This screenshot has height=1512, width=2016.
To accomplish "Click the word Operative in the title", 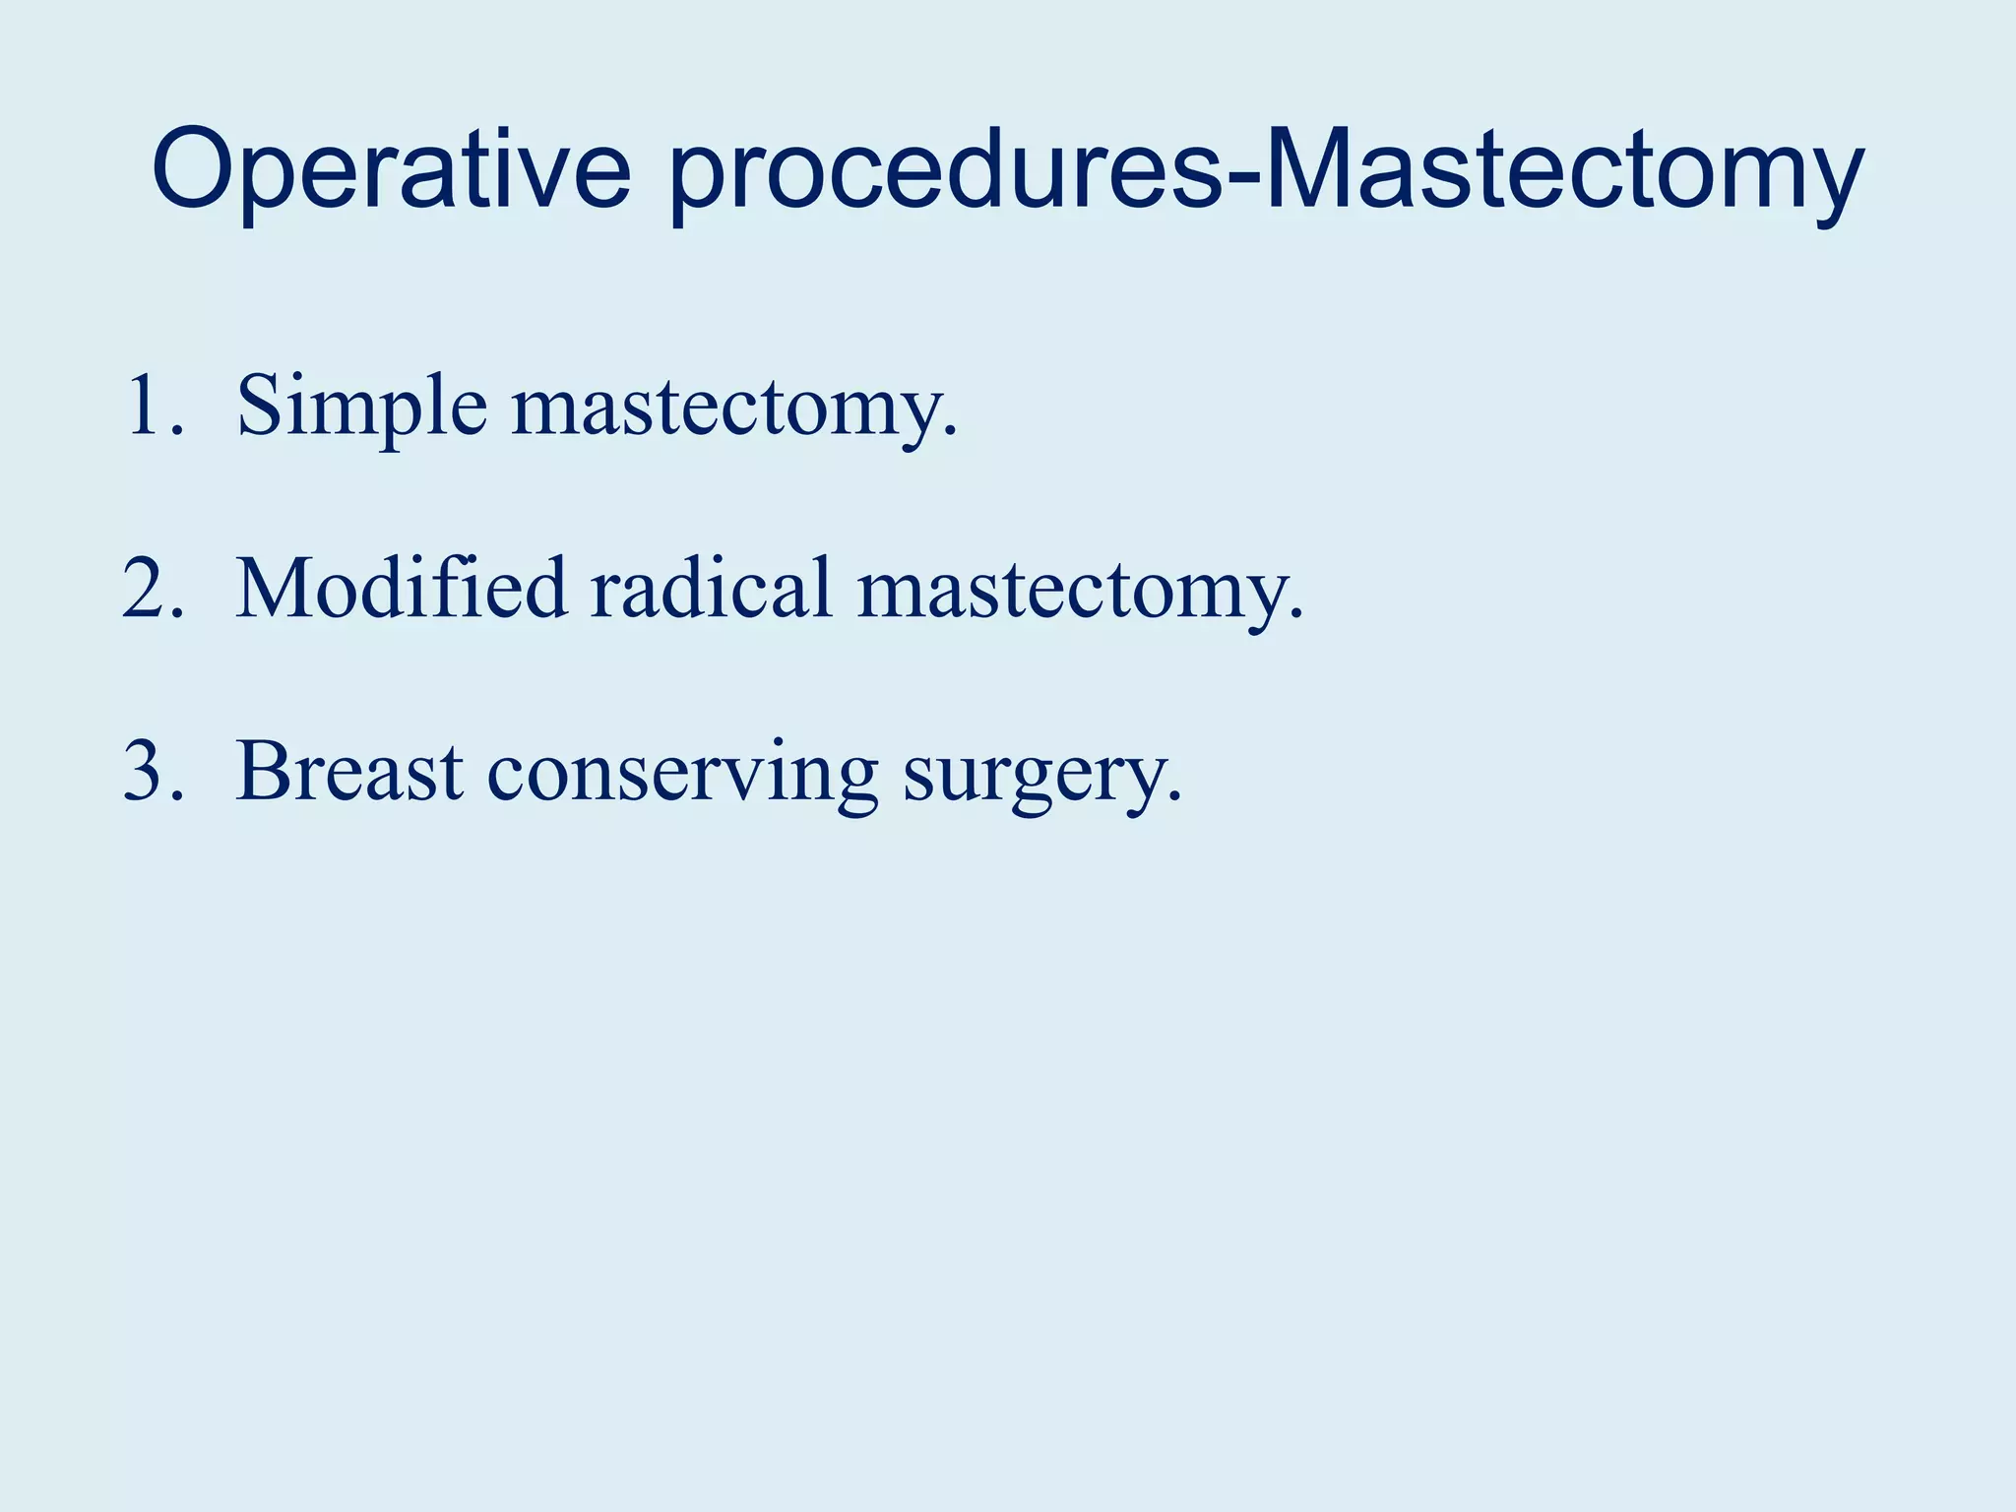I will click(391, 169).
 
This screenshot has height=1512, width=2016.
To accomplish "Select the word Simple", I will click(361, 407).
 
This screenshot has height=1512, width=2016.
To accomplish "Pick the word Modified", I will click(402, 589).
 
